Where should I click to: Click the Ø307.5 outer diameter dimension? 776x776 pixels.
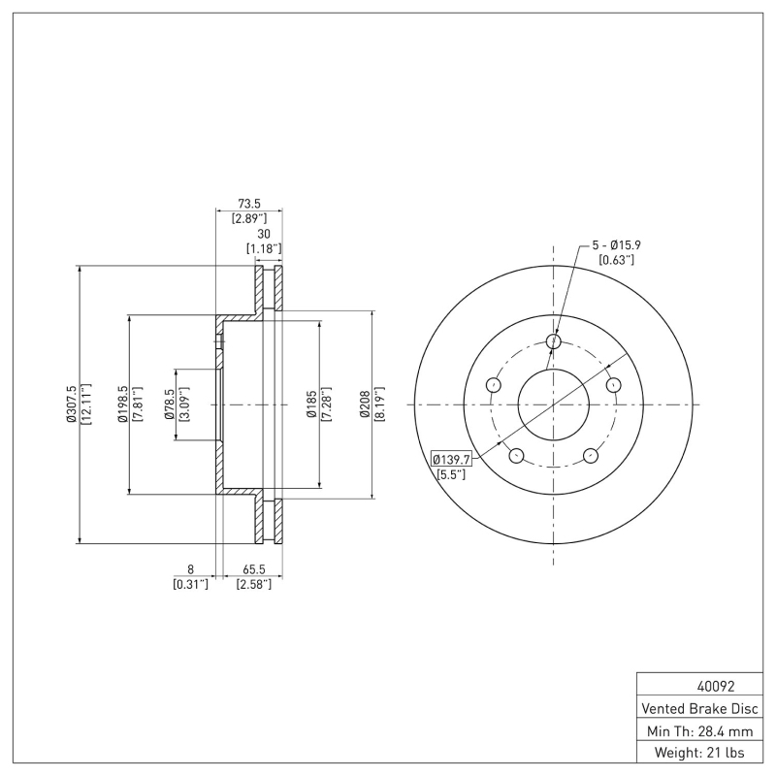tap(70, 404)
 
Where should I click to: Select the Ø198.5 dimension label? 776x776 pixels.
tap(122, 404)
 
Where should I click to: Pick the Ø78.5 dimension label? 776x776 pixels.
tap(169, 404)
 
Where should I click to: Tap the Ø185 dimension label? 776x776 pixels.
tap(311, 404)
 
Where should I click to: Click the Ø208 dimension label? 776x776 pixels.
tap(364, 404)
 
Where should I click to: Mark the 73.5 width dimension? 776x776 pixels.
tap(249, 204)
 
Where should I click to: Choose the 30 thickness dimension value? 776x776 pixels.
tap(263, 234)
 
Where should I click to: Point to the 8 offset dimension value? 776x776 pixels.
tap(191, 570)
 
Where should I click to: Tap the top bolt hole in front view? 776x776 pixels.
tap(554, 341)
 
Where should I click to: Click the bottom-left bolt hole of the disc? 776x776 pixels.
tap(516, 456)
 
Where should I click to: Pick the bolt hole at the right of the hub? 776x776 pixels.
tap(613, 385)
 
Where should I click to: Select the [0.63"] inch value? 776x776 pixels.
tap(616, 259)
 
